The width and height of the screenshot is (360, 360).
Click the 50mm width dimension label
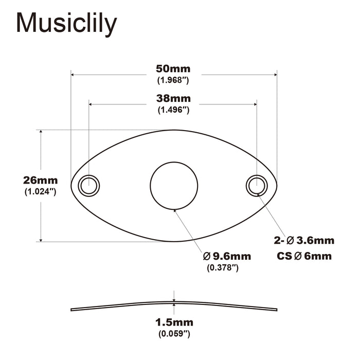click(173, 69)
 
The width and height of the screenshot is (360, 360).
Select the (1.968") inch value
click(173, 80)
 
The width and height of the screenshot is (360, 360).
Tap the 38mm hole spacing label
click(173, 98)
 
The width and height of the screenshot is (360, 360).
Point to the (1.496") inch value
click(173, 110)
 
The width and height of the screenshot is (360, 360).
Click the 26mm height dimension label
click(40, 181)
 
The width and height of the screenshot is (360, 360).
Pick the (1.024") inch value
click(40, 192)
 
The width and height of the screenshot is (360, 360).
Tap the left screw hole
click(88, 185)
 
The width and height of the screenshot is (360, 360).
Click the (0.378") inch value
click(223, 268)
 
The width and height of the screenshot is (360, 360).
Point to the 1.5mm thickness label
click(174, 322)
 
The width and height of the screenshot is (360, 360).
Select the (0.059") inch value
click(174, 334)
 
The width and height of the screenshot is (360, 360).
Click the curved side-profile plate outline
click(103, 307)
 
